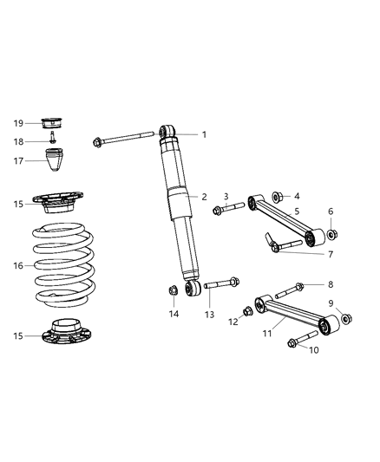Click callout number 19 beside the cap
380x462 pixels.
17,123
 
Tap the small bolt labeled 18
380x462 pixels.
53,140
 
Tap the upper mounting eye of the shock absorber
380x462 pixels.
167,133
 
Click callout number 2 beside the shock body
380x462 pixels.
203,197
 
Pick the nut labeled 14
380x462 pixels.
173,290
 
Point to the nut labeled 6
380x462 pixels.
331,234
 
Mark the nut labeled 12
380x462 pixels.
248,309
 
